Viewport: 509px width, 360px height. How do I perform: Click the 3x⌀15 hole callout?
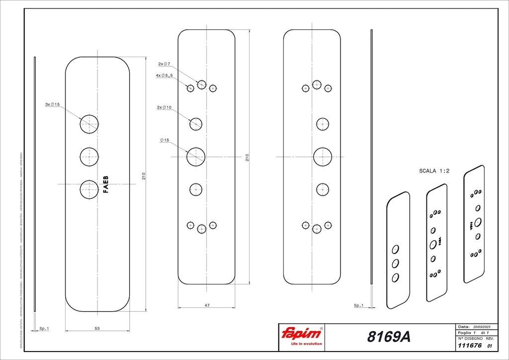click(x=52, y=104)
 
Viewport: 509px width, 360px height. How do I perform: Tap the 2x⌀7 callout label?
click(x=164, y=64)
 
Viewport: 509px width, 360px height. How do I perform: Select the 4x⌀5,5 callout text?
click(x=164, y=76)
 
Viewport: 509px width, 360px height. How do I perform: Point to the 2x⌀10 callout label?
click(x=165, y=107)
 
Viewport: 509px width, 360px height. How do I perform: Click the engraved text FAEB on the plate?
click(x=105, y=184)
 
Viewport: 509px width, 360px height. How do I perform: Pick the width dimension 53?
click(x=97, y=328)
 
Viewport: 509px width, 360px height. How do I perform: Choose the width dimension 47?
click(x=206, y=305)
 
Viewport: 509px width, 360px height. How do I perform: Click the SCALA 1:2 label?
click(x=434, y=171)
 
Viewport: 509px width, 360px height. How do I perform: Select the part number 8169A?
click(x=389, y=337)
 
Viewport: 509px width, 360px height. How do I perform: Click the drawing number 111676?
click(x=468, y=346)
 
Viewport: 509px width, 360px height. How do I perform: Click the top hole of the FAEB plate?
click(x=89, y=123)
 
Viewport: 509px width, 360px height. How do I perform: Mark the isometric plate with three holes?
click(x=398, y=250)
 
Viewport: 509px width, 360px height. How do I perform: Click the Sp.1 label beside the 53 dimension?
click(x=44, y=328)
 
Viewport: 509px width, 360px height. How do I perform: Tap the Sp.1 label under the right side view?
click(x=358, y=305)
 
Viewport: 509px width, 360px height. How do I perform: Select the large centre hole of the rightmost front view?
click(x=322, y=157)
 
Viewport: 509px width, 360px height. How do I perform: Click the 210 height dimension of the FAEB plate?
click(x=144, y=176)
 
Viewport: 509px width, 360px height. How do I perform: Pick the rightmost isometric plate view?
click(x=474, y=224)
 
